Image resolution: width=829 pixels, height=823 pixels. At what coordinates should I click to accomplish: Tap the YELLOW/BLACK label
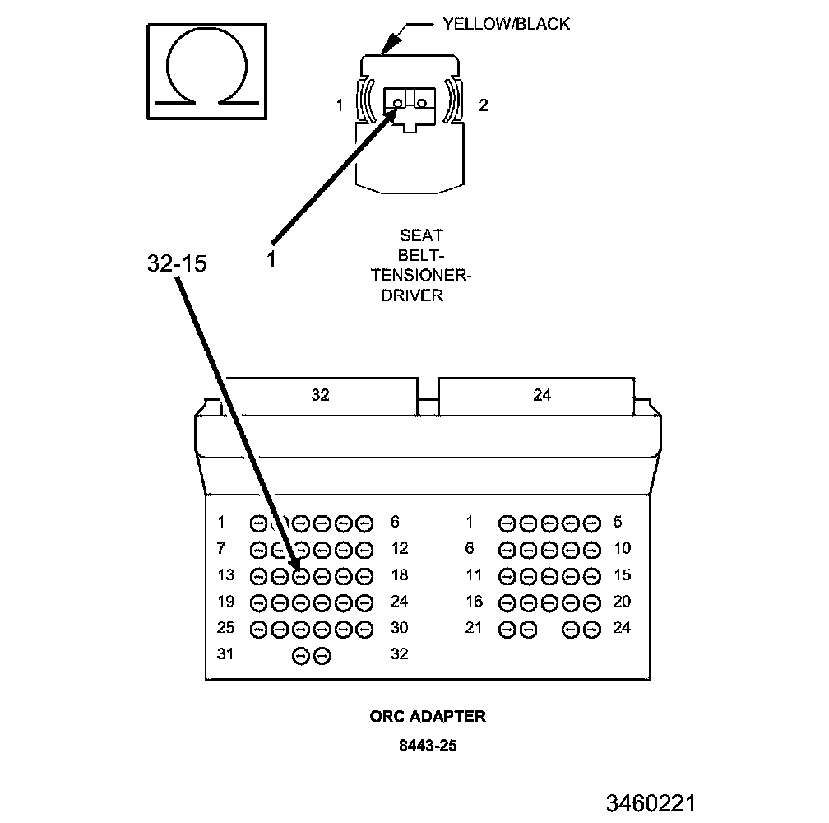[x=506, y=24]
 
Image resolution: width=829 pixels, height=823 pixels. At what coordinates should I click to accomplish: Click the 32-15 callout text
[x=177, y=263]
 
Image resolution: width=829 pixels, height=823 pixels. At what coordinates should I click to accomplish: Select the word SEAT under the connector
[x=421, y=235]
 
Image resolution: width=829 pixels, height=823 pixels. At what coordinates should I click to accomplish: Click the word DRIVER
[x=412, y=295]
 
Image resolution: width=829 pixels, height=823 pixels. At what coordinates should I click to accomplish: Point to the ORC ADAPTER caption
[x=427, y=716]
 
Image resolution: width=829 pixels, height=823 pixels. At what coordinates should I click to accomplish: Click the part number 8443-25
[x=428, y=746]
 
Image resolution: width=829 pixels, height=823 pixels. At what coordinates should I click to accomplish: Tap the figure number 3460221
[x=651, y=803]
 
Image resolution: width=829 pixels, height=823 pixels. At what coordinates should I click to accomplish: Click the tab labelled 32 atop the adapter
[x=321, y=396]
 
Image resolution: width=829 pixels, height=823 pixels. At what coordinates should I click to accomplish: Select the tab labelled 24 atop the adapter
[x=542, y=396]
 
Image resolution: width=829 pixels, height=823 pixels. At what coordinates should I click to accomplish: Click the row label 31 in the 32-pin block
[x=225, y=653]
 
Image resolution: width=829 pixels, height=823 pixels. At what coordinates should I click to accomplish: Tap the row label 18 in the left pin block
[x=400, y=575]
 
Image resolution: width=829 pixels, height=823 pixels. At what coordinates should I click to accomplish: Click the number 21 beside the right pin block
[x=473, y=628]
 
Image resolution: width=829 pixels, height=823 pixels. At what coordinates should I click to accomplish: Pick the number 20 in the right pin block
[x=622, y=602]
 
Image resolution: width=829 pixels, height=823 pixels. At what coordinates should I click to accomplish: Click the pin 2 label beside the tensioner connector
[x=484, y=105]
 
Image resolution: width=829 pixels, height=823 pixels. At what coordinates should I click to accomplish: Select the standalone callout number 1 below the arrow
[x=271, y=260]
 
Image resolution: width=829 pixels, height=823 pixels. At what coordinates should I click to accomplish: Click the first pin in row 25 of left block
[x=258, y=630]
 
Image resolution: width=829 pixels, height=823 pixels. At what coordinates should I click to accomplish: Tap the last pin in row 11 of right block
[x=592, y=577]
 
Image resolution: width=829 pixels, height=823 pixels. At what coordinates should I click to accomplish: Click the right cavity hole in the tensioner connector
[x=421, y=103]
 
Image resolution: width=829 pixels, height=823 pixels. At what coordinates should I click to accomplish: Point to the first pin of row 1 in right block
[x=507, y=524]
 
